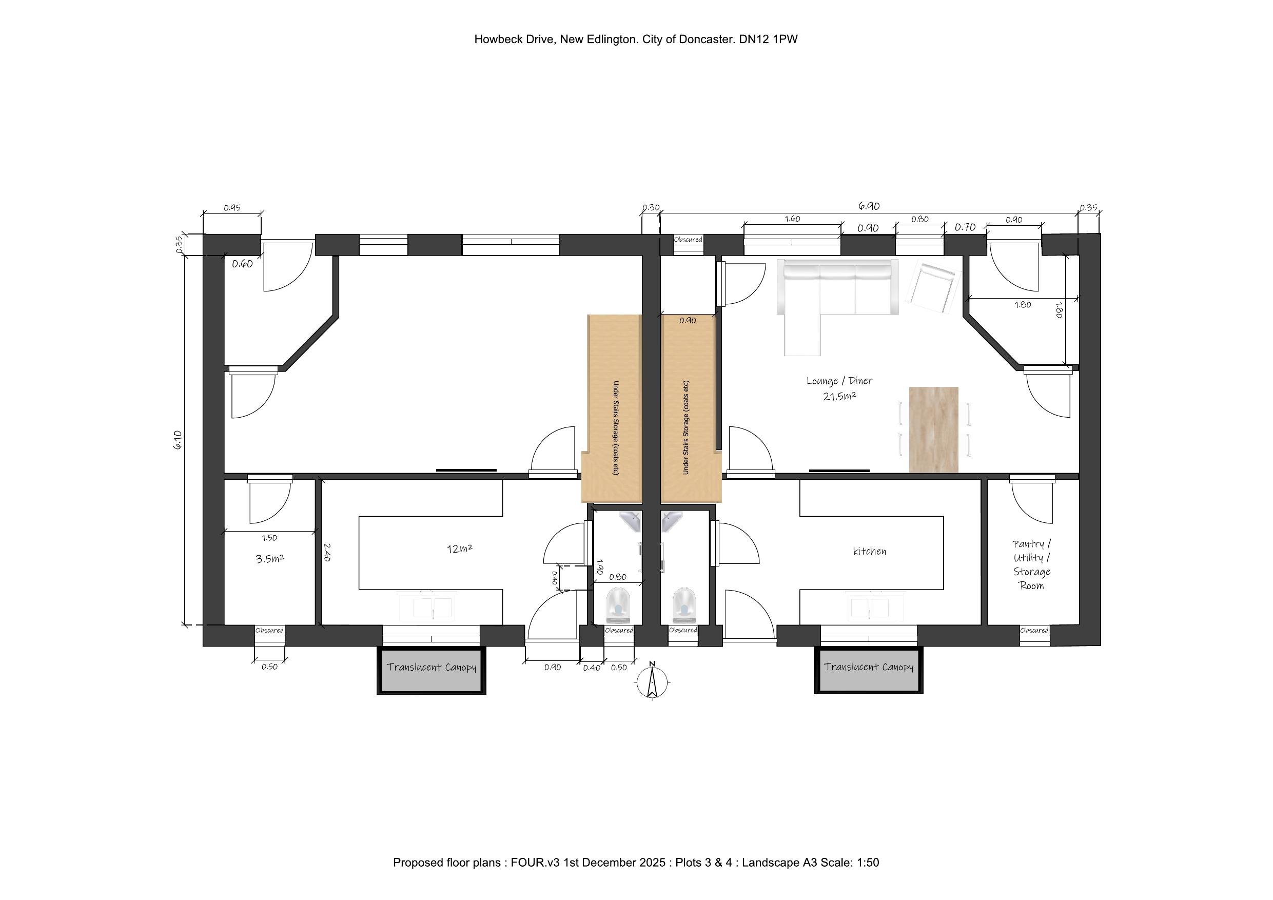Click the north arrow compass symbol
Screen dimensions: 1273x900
[x=653, y=681]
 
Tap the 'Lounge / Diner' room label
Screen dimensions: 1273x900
[x=839, y=381]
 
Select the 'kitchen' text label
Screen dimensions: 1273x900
[x=869, y=551]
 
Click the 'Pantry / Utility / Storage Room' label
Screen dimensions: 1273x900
[x=1031, y=564]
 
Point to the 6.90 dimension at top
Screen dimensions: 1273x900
[x=869, y=206]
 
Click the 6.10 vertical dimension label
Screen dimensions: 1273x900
[x=178, y=440]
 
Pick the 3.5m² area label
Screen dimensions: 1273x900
[x=270, y=558]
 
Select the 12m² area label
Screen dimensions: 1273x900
[x=460, y=549]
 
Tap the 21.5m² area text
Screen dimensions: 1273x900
[x=839, y=396]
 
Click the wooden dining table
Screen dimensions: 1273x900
[x=934, y=430]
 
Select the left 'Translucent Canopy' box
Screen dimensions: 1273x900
[x=432, y=670]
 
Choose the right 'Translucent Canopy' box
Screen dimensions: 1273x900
[x=868, y=670]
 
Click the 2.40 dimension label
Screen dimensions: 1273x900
[x=327, y=552]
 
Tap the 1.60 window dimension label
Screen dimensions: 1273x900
[x=792, y=219]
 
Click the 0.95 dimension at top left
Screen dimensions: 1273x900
[x=232, y=208]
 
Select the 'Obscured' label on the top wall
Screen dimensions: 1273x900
[x=688, y=240]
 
